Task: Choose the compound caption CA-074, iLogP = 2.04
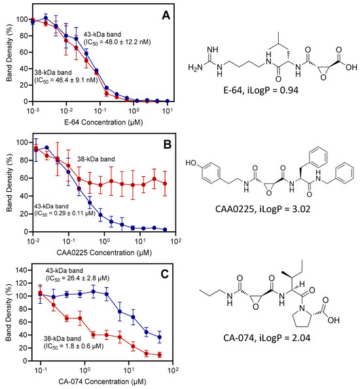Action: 271,359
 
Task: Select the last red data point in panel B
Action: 164,184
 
